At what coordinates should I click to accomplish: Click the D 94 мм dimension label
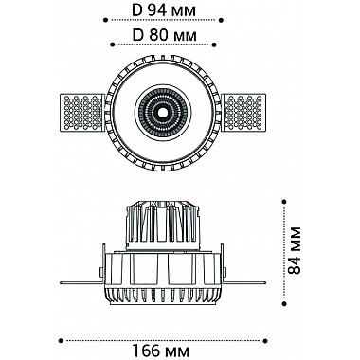click(x=164, y=10)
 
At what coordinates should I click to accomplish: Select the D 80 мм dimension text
click(x=164, y=35)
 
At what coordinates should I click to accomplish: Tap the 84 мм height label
click(x=295, y=251)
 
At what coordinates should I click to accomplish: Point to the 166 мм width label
click(x=161, y=351)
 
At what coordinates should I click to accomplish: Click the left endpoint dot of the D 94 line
click(x=106, y=20)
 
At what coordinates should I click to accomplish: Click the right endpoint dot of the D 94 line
click(x=222, y=20)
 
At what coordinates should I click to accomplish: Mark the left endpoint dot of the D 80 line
click(x=112, y=45)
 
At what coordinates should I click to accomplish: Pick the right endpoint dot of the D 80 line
click(x=215, y=45)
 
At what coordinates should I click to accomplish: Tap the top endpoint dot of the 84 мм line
click(x=284, y=201)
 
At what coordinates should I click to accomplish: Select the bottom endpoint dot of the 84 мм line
click(x=284, y=303)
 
